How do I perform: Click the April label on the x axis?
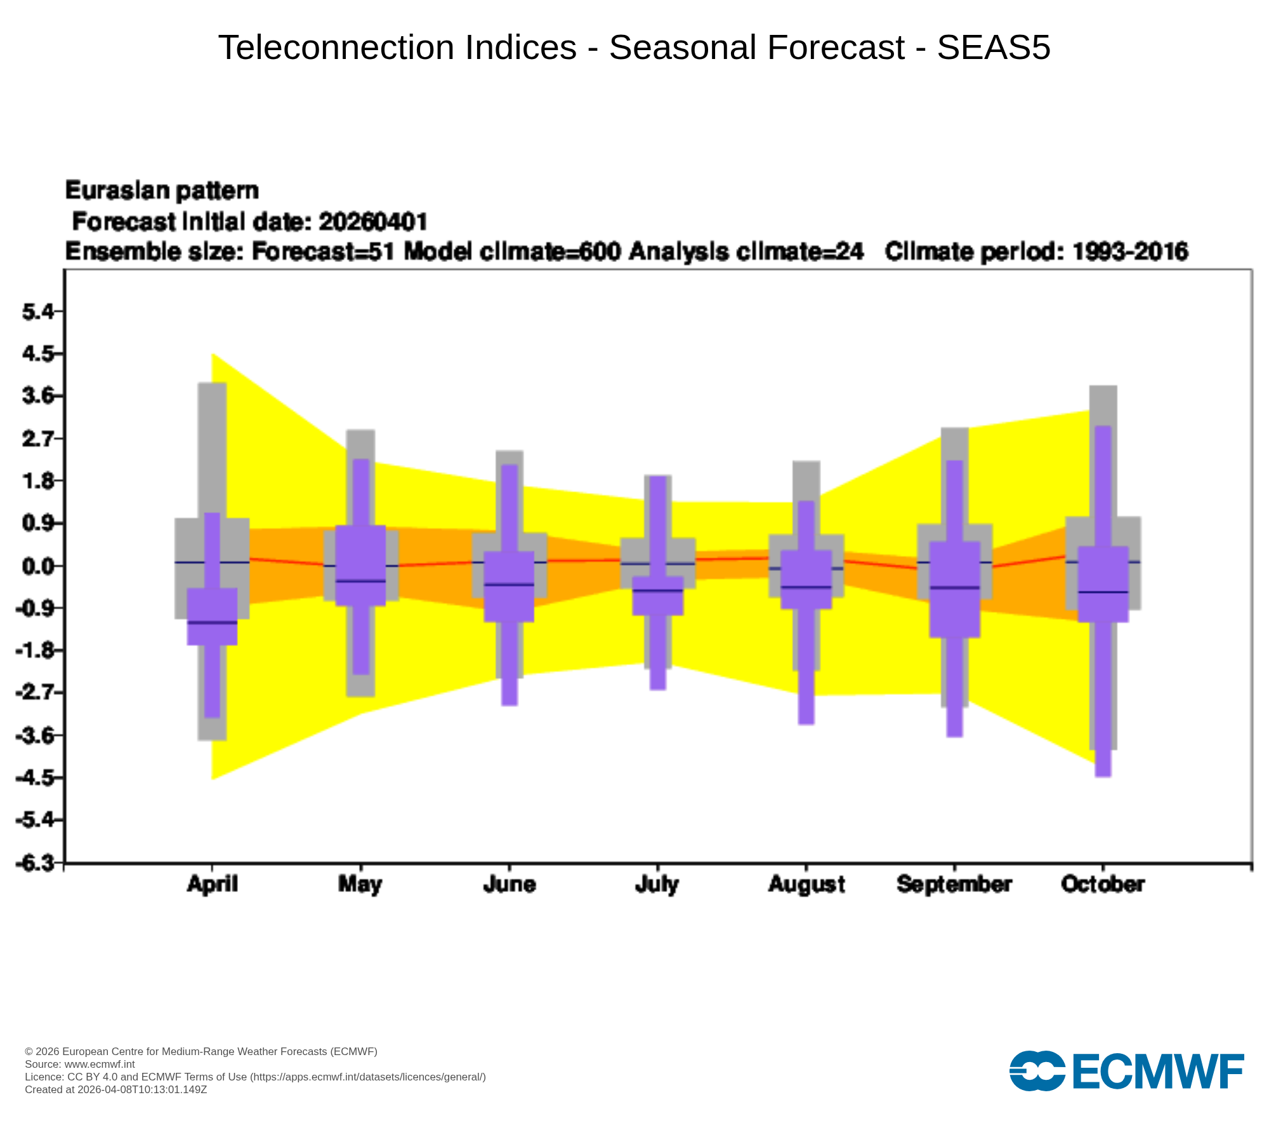212,884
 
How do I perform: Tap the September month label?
954,884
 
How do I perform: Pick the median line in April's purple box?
212,622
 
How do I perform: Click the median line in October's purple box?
1103,592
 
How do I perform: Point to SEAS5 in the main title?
994,48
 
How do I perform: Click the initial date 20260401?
373,222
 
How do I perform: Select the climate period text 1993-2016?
1130,252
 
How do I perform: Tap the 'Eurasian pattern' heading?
162,191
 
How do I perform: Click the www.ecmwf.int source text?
100,1064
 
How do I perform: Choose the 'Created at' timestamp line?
116,1089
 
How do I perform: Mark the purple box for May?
360,565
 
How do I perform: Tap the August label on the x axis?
806,884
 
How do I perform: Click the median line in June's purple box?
509,584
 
